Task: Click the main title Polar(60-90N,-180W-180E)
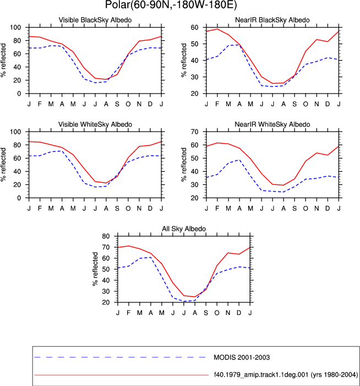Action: [171, 4]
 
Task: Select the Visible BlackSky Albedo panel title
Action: [95, 20]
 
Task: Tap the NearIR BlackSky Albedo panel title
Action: [272, 20]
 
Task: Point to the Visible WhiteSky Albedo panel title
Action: [95, 124]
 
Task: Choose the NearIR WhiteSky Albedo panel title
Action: [272, 124]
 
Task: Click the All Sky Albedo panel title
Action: [184, 229]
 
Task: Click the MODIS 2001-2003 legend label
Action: [242, 357]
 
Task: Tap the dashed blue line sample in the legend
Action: [120, 357]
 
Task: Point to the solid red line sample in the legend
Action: [121, 375]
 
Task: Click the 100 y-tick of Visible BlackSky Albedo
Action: [15, 28]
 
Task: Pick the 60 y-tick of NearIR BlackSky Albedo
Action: [194, 28]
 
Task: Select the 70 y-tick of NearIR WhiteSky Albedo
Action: [194, 132]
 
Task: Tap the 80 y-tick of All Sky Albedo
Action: [106, 236]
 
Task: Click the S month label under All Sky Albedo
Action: [206, 313]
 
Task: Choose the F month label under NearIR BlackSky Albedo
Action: [217, 104]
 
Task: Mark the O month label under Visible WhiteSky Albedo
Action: [128, 209]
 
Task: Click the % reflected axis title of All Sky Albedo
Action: [95, 269]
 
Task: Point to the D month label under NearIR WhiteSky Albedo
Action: [328, 209]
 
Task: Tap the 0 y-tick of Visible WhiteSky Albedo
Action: [19, 198]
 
